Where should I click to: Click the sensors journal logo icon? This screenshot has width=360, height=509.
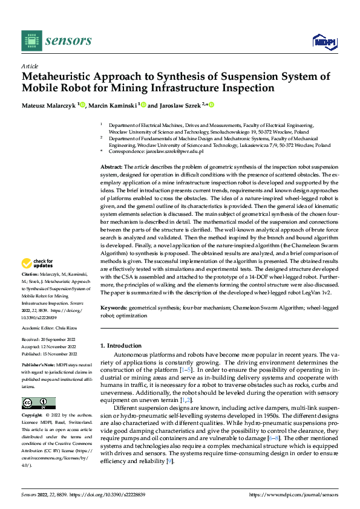(x=32, y=41)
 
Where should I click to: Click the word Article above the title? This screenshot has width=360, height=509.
(x=30, y=66)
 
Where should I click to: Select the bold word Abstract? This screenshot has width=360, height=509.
(x=111, y=166)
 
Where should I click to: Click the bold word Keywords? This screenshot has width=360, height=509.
(x=114, y=308)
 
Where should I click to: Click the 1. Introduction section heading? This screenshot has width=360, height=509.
(x=120, y=346)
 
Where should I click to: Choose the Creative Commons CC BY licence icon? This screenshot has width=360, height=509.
(x=38, y=403)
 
